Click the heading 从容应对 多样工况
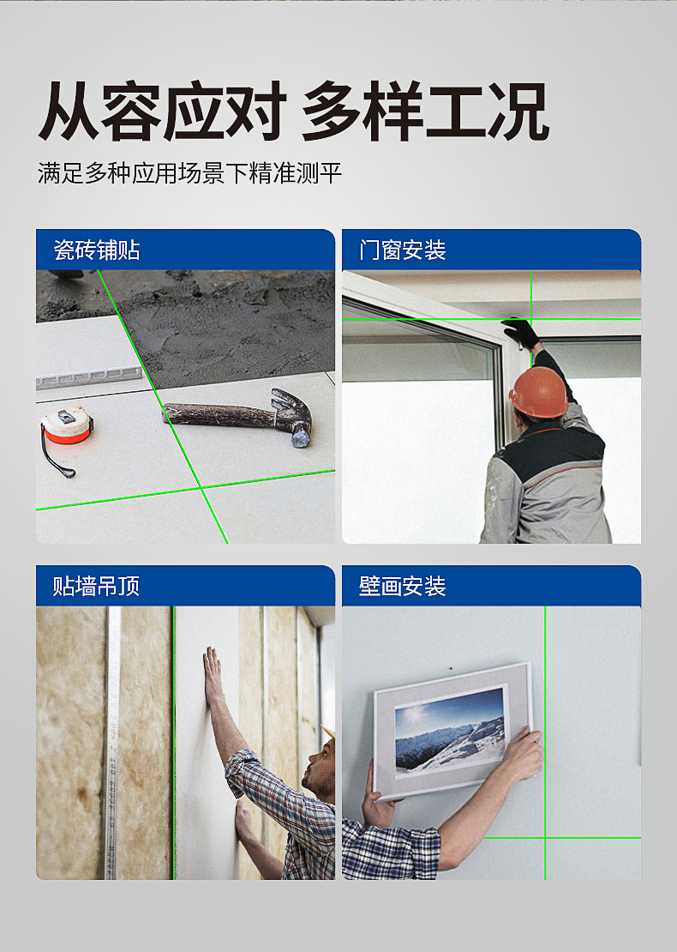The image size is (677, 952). point(294,111)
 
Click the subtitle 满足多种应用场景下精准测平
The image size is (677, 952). point(190,173)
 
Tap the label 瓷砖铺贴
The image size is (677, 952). point(97,250)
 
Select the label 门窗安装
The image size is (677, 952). point(403,250)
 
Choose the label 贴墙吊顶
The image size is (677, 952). point(97,586)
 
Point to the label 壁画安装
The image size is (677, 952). point(403,586)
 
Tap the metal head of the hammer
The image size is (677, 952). point(293,417)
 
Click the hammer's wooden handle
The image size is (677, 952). point(219,414)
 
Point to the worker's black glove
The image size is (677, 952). point(521,334)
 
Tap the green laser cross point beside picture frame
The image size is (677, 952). point(545,839)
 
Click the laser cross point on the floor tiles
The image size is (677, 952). point(202,487)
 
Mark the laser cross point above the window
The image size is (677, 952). point(531,319)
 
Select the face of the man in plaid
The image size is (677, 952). point(319,771)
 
